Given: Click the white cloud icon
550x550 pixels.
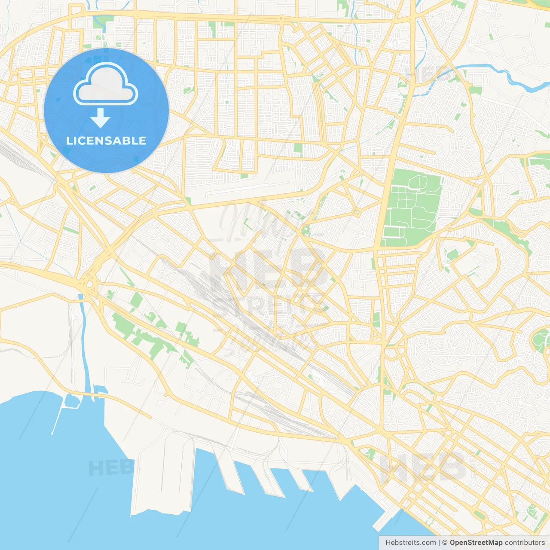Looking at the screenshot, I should pyautogui.click(x=106, y=85).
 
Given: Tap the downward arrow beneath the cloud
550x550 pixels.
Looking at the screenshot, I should pyautogui.click(x=100, y=118).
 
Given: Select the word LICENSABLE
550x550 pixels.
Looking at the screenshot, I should pyautogui.click(x=106, y=141).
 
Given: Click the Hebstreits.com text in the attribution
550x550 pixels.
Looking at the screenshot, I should pyautogui.click(x=410, y=543).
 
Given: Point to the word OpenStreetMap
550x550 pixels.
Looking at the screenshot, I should pyautogui.click(x=476, y=543).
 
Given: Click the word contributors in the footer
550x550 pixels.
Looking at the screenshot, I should pyautogui.click(x=525, y=543).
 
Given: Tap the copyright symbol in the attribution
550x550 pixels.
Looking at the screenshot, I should pyautogui.click(x=445, y=543).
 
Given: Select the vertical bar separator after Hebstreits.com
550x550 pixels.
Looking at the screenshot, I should pyautogui.click(x=439, y=543).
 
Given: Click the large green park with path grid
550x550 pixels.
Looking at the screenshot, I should pyautogui.click(x=412, y=206).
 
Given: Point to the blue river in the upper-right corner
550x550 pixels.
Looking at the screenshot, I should pyautogui.click(x=516, y=79).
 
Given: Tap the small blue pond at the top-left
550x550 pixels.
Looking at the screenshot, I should pyautogui.click(x=100, y=21).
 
